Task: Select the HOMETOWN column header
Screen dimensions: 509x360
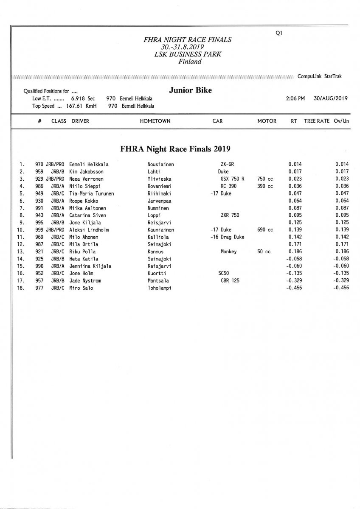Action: point(155,121)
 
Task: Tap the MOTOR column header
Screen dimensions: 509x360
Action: point(267,121)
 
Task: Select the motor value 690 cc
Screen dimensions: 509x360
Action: point(265,230)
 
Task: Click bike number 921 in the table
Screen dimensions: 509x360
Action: point(39,252)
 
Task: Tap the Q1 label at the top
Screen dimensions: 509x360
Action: point(279,33)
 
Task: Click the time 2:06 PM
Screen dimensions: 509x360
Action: point(295,98)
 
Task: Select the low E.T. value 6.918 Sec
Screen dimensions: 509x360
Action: point(83,98)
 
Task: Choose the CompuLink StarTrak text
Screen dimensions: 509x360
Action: point(320,76)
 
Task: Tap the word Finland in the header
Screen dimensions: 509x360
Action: point(190,62)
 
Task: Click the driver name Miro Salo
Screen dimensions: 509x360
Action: point(81,288)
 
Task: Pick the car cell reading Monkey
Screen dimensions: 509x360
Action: point(228,252)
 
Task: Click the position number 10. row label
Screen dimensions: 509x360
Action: point(21,230)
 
